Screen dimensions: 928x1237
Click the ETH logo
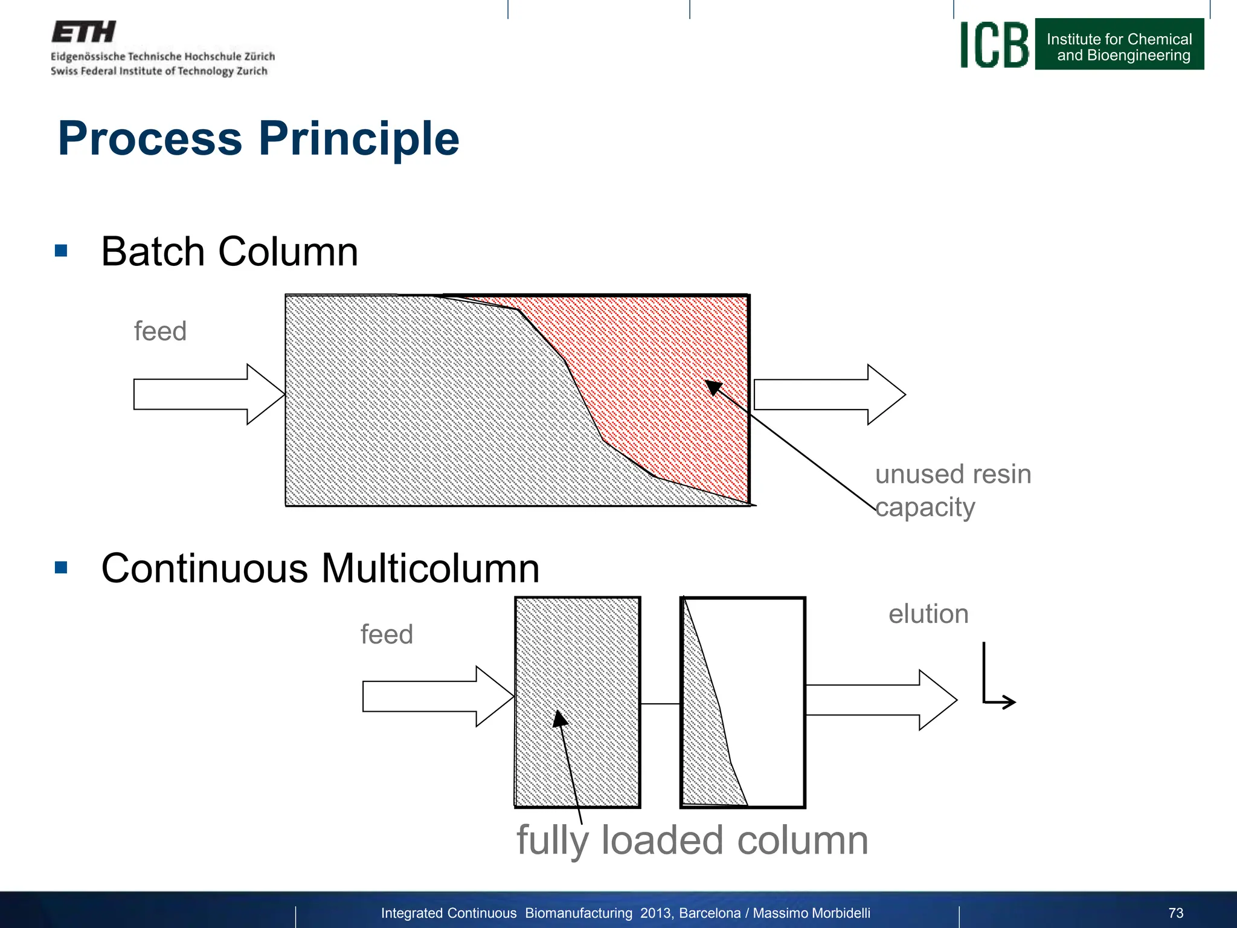(x=83, y=32)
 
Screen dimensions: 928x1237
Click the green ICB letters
(x=994, y=45)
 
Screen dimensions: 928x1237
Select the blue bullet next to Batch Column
(x=61, y=251)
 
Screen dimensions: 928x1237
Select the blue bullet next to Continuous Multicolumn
(x=61, y=567)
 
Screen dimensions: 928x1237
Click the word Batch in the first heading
(x=154, y=252)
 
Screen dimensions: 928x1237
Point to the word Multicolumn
(x=429, y=569)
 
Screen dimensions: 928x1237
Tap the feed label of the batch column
(x=160, y=332)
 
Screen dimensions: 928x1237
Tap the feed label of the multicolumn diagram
(x=387, y=635)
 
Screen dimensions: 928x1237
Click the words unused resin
(x=953, y=474)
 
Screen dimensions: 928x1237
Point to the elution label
(x=928, y=614)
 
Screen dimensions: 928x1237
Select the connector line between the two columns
(x=660, y=704)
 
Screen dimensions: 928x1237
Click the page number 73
(x=1175, y=913)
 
